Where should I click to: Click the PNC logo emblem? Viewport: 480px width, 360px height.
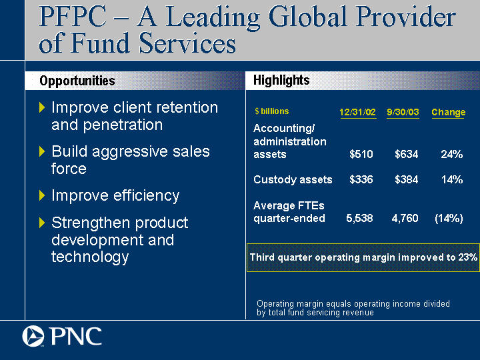tap(33, 336)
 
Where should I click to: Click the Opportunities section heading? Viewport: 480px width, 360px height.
tap(77, 81)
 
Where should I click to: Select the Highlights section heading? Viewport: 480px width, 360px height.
tap(281, 80)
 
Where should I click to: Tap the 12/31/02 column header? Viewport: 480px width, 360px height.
tap(358, 112)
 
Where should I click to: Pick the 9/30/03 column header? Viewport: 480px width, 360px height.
tap(403, 112)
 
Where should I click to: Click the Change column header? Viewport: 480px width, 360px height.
tap(449, 113)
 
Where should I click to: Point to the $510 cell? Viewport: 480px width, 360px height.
tap(361, 154)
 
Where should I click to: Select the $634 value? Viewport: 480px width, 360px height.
tap(407, 154)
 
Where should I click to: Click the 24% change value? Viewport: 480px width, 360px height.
tap(452, 154)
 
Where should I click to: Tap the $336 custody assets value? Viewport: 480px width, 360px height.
tap(361, 179)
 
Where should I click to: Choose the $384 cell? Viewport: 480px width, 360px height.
tap(407, 179)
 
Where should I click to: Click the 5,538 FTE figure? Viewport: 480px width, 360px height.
tap(360, 218)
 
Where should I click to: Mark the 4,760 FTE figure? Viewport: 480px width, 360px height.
tap(405, 218)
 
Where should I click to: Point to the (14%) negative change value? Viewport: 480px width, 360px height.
tap(449, 218)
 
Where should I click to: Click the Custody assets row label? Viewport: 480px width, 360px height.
tap(293, 180)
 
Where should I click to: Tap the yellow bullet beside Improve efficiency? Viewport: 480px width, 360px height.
tap(42, 195)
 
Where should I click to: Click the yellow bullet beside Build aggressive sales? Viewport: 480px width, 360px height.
tap(42, 151)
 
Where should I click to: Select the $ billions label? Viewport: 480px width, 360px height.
tap(272, 111)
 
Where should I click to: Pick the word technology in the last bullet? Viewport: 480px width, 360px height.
tap(90, 257)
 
